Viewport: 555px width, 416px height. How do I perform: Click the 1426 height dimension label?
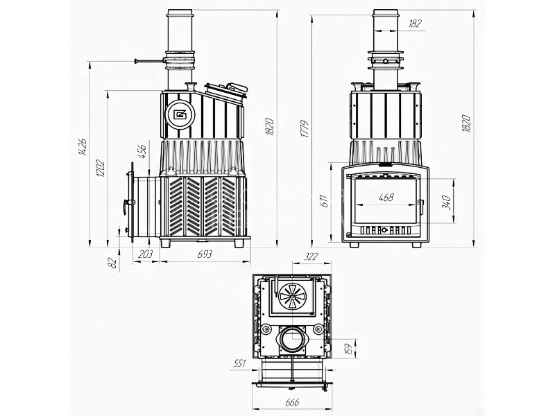(82, 147)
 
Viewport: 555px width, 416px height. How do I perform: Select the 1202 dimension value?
(100, 168)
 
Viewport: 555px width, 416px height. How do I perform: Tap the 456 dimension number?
(142, 151)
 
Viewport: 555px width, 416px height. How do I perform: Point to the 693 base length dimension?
(205, 254)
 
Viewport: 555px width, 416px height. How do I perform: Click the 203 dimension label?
(145, 254)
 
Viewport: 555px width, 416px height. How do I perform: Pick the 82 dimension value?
(112, 263)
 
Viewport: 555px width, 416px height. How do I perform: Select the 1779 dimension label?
(305, 130)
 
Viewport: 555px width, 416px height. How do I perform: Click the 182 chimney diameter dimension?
(415, 24)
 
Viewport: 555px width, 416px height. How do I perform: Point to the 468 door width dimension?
(386, 198)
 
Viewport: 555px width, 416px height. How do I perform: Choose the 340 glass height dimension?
(447, 202)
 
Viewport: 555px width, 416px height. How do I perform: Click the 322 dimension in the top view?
(311, 257)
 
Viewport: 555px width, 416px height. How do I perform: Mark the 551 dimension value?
(240, 363)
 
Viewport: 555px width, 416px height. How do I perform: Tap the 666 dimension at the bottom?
(292, 402)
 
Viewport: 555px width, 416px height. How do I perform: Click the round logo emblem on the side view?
(180, 114)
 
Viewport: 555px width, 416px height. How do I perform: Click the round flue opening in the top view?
(292, 340)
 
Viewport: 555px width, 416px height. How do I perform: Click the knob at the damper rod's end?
(136, 61)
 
